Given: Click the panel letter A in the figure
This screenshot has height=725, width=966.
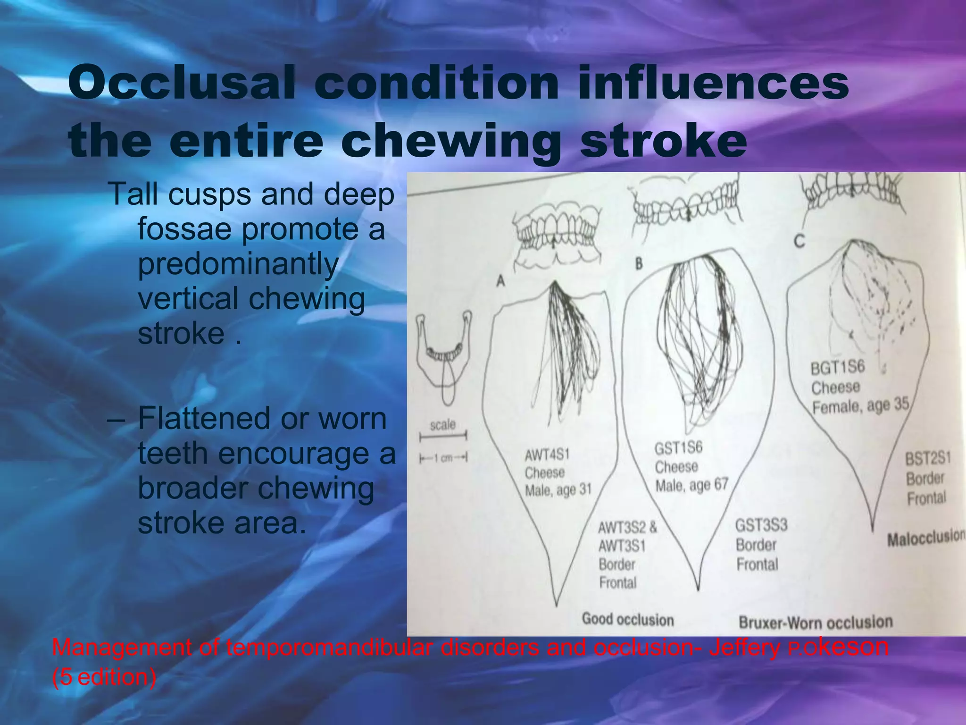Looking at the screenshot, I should (x=500, y=282).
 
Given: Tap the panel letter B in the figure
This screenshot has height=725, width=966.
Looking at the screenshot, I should (x=639, y=263).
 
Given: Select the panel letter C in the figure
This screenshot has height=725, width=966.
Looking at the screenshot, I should (x=799, y=242).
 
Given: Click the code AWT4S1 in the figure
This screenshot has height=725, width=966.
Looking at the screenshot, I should (x=547, y=455).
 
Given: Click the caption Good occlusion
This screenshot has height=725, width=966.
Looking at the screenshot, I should (x=628, y=619).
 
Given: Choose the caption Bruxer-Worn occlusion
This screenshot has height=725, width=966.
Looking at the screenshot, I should (x=816, y=623).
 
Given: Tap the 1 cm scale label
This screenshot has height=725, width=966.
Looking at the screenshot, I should (x=443, y=458).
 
